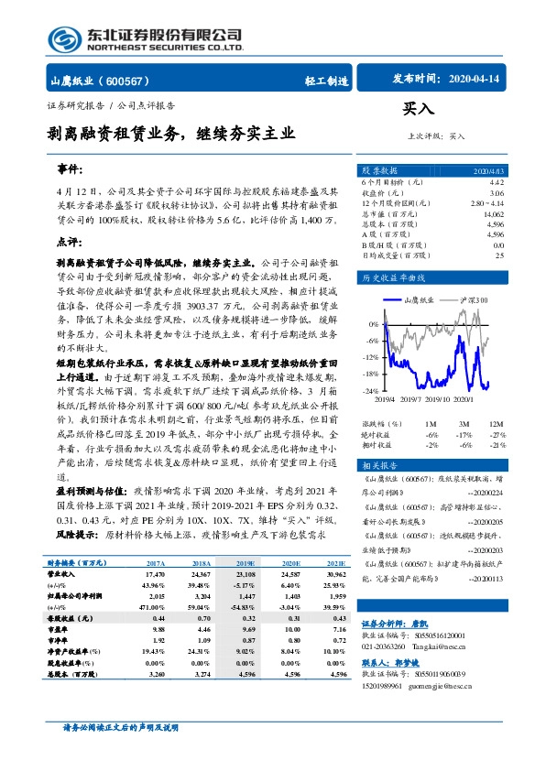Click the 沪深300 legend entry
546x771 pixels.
(475, 299)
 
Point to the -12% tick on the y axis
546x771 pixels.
(372, 357)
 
